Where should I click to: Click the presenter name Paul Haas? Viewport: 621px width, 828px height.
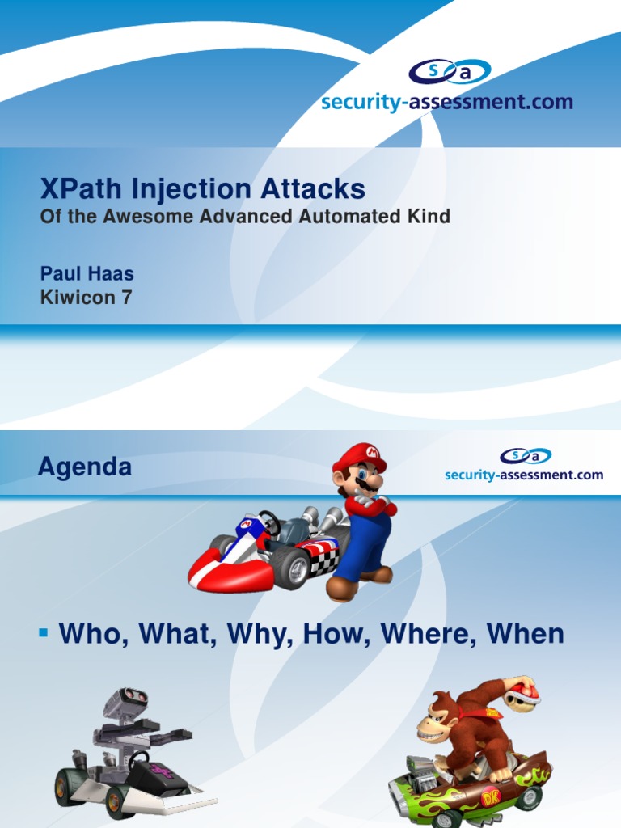87,274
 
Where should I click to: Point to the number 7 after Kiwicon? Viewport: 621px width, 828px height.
126,298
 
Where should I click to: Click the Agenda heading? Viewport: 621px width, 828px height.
85,467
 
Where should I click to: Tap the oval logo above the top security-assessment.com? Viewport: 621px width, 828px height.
449,72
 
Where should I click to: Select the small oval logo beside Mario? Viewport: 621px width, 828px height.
525,456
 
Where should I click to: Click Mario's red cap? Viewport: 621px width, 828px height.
359,457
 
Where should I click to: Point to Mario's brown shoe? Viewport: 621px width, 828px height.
341,589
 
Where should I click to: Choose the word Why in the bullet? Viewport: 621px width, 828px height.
260,634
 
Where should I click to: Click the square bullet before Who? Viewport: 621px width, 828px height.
44,631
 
